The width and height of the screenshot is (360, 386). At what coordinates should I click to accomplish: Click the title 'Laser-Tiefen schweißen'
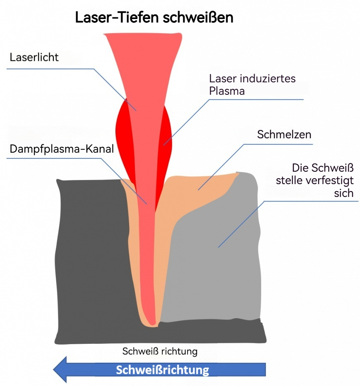[154, 18]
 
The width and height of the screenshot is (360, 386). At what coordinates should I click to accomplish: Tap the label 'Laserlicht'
[34, 58]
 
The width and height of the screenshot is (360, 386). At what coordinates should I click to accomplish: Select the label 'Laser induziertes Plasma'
[252, 85]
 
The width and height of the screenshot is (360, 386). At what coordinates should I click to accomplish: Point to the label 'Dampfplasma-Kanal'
[62, 149]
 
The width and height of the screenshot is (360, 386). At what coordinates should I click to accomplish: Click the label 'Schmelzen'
[284, 134]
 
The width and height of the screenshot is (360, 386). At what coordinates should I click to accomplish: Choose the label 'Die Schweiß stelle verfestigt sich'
[315, 180]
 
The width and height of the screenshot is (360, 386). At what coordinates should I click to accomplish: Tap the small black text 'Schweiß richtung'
[160, 351]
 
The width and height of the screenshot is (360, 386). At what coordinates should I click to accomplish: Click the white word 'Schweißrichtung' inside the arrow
[163, 370]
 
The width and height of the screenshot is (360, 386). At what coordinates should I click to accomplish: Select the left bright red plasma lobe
[123, 138]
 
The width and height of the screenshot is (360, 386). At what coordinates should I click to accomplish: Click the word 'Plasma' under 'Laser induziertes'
[227, 91]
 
